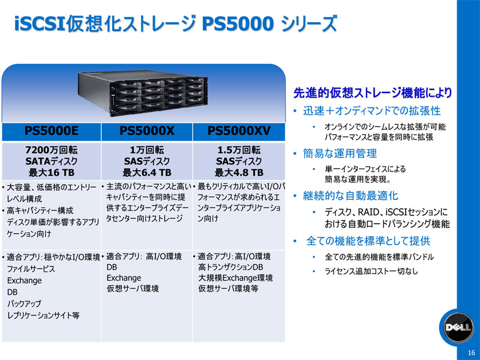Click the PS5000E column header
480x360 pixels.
[52, 131]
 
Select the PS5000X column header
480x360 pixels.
[147, 131]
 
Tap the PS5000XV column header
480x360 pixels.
[239, 131]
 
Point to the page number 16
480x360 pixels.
[472, 352]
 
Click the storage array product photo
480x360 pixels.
[143, 93]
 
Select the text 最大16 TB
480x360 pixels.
[52, 173]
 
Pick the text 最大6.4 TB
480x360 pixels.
[147, 173]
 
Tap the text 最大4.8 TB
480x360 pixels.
[239, 173]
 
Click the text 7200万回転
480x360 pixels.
[52, 150]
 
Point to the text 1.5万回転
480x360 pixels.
[239, 150]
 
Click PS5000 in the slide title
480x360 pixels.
[238, 23]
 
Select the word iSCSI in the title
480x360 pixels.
[40, 23]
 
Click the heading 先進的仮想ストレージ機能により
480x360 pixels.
[373, 92]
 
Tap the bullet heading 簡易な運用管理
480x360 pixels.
[340, 154]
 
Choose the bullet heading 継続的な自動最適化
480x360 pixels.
[350, 196]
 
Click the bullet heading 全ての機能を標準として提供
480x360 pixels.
[368, 241]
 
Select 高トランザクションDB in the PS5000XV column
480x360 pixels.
[230, 267]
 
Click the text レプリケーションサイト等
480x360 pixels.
[43, 316]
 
